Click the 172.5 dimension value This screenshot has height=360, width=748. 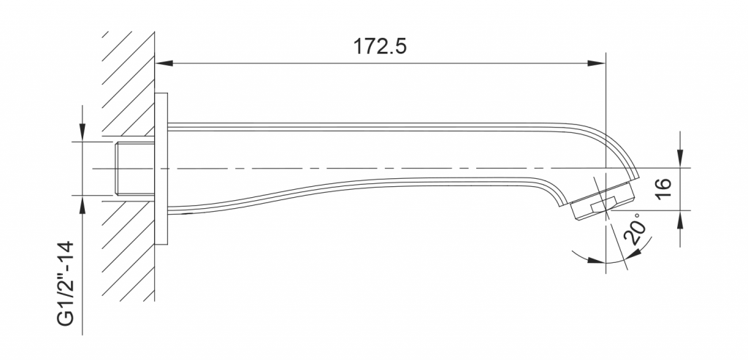[x=380, y=47]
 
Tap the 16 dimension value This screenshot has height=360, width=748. [x=663, y=189]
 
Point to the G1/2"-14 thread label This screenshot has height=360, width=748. [x=66, y=284]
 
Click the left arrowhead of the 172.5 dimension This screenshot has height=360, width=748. [x=164, y=63]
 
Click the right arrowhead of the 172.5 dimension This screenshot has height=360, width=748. [x=597, y=63]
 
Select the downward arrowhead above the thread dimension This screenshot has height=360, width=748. [x=83, y=132]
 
